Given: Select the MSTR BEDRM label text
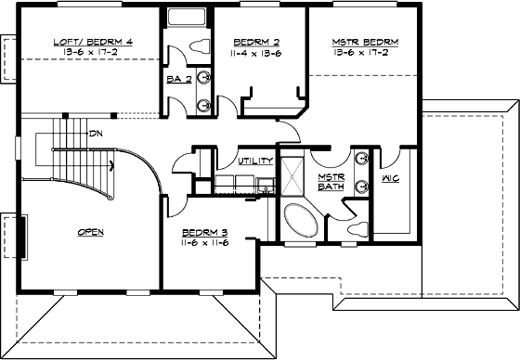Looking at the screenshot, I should (364, 41).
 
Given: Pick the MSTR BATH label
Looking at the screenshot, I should (331, 182).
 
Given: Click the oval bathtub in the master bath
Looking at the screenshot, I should (300, 221).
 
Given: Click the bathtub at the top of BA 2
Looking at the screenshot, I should (188, 17).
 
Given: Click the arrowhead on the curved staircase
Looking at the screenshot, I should (112, 167).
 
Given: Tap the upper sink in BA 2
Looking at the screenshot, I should (203, 79).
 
